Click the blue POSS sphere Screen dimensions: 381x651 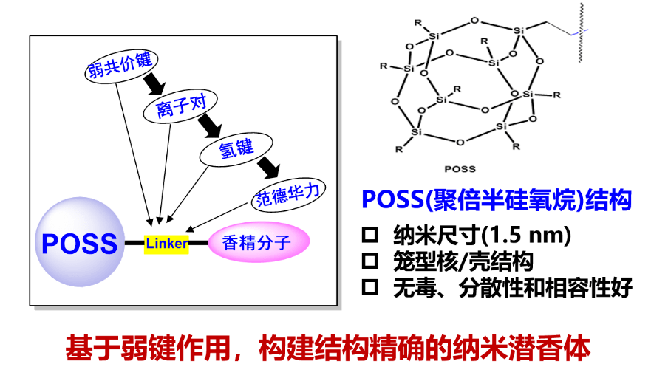79,243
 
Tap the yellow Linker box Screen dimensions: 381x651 166,243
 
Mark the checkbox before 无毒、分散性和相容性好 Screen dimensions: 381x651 370,287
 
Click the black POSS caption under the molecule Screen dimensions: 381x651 463,168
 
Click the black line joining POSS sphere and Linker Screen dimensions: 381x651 134,243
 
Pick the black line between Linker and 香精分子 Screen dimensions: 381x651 198,243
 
